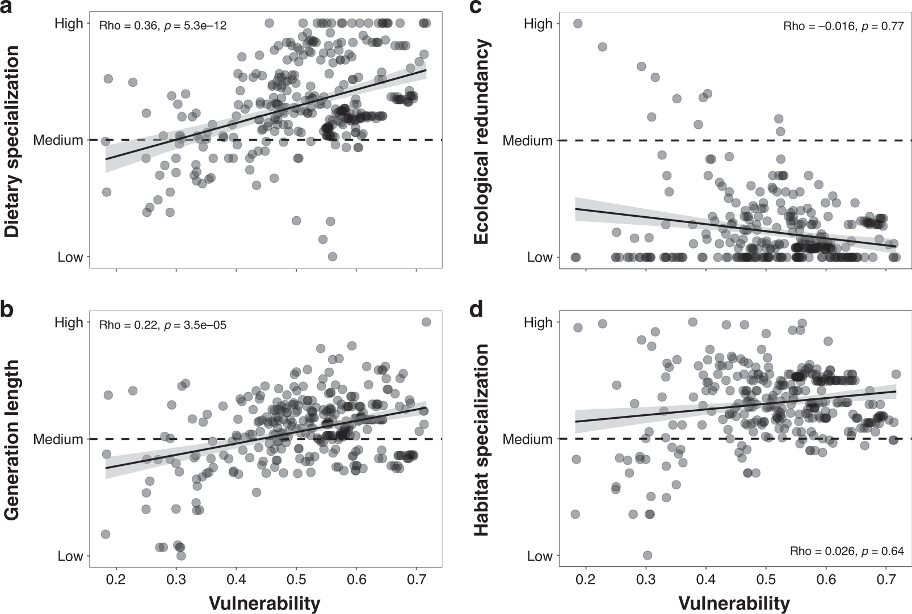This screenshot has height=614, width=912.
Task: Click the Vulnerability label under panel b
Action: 265,603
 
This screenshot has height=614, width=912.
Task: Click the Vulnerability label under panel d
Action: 734,603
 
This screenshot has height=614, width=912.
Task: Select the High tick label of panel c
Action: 538,24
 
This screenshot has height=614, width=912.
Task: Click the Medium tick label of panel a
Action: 58,140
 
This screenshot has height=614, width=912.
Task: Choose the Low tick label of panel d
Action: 540,556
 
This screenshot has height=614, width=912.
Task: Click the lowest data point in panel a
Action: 333,256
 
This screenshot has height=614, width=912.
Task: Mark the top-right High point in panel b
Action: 426,322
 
